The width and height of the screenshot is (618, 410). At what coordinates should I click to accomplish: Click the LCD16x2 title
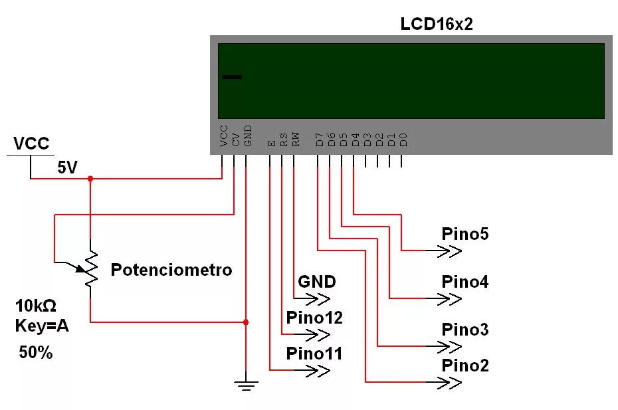click(x=437, y=25)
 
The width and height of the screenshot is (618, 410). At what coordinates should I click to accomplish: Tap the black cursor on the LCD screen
click(x=232, y=77)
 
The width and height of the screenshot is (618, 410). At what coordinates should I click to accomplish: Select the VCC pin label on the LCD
click(x=223, y=136)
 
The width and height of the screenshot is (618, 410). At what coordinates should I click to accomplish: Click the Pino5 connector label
click(x=465, y=234)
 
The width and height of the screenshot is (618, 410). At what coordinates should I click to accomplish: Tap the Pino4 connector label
click(x=465, y=282)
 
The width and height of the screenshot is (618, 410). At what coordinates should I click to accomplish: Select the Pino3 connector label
click(x=465, y=330)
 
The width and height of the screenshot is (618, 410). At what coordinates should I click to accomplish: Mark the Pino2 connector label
click(x=465, y=365)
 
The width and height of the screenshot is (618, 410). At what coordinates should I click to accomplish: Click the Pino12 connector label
click(x=314, y=318)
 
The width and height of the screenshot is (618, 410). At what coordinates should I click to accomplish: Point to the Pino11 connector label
click(x=314, y=354)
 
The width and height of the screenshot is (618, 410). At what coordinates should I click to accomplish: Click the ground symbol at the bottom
click(x=246, y=383)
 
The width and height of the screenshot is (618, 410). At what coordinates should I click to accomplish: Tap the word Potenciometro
click(x=171, y=270)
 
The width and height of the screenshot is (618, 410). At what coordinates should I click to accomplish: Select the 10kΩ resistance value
click(x=36, y=306)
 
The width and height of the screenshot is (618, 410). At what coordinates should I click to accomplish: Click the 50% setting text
click(x=36, y=353)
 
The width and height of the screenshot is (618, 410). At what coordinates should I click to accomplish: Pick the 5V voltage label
click(x=67, y=167)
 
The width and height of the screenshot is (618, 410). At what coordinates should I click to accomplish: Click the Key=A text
click(x=42, y=326)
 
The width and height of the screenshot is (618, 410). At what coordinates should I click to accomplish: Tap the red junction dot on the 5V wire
click(x=90, y=178)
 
